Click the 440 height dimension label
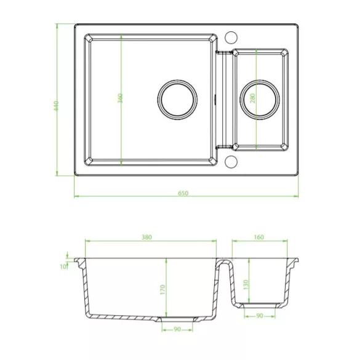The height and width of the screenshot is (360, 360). [57, 106]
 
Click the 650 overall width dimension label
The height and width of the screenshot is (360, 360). [183, 193]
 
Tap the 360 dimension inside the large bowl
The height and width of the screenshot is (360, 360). [120, 98]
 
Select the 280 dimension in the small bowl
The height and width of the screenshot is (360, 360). [252, 98]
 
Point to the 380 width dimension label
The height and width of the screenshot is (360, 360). [146, 237]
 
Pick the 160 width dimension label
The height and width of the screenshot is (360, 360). [258, 237]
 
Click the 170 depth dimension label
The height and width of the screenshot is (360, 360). [162, 290]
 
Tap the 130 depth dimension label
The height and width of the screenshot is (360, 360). [246, 284]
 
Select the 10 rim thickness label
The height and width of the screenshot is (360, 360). [63, 266]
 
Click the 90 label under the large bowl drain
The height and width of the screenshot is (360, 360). [177, 329]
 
